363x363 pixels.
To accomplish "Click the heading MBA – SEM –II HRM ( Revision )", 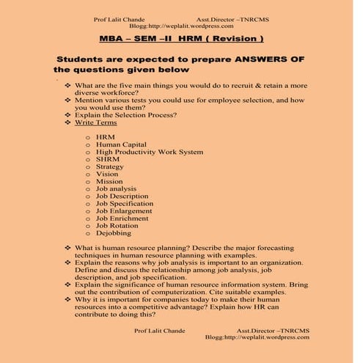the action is point(181,37).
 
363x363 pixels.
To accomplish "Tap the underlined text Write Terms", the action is point(96,122).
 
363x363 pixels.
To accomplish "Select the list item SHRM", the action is point(108,158).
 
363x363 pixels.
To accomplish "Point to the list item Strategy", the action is point(111,166).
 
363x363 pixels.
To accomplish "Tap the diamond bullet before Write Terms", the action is point(67,122).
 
